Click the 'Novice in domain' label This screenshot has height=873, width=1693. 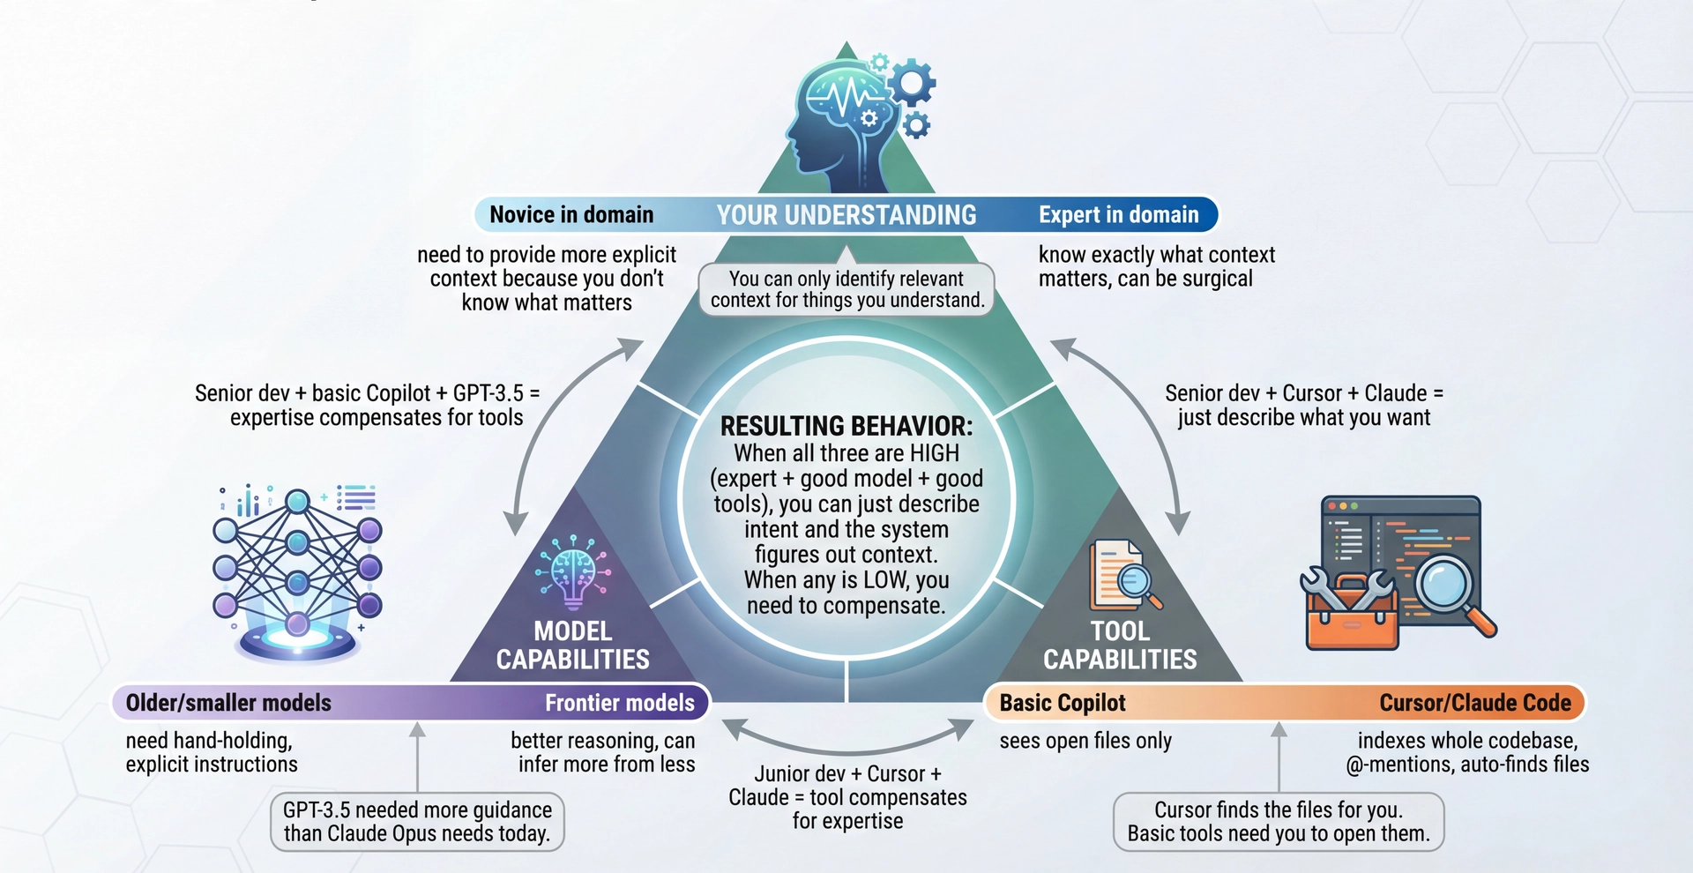pos(571,214)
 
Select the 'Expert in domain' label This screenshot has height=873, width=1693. pos(1118,214)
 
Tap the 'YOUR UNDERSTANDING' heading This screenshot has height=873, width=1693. pos(846,215)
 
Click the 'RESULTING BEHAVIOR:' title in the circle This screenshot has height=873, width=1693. pos(846,426)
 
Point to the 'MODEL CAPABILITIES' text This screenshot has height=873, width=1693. pos(572,645)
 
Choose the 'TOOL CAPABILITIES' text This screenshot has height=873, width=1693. pos(1120,645)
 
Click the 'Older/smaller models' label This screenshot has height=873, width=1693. pos(228,703)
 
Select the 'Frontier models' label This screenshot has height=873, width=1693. pos(619,703)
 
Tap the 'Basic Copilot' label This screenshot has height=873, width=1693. pos(1063,703)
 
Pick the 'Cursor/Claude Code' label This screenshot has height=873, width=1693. pos(1475,703)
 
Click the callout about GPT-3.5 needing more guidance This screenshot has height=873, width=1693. pos(417,822)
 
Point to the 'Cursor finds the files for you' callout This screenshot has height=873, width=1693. pos(1278,822)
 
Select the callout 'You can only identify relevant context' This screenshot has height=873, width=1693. pos(846,289)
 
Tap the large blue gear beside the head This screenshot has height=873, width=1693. pos(911,85)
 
